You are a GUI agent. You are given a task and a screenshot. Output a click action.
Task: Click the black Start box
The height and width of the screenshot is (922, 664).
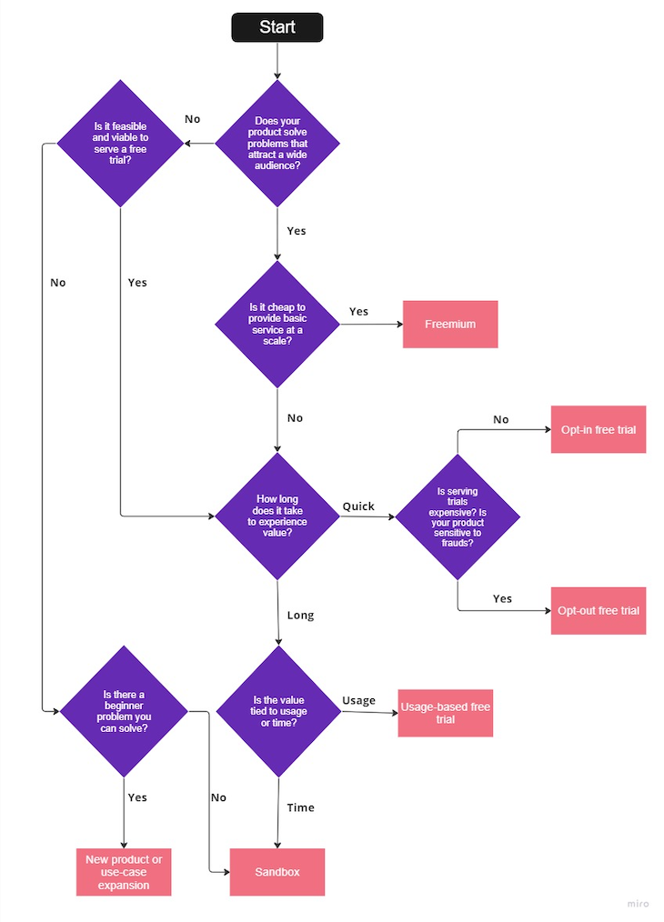pyautogui.click(x=277, y=27)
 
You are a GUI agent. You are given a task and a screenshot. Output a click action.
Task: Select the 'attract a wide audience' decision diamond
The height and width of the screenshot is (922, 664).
pyautogui.click(x=277, y=143)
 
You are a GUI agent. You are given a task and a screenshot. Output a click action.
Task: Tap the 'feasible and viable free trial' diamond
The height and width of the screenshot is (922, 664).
pyautogui.click(x=120, y=143)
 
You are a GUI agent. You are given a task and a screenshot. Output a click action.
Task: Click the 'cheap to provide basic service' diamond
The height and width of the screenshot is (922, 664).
pyautogui.click(x=277, y=325)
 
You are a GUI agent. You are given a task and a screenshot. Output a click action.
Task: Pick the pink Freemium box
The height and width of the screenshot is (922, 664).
pyautogui.click(x=450, y=324)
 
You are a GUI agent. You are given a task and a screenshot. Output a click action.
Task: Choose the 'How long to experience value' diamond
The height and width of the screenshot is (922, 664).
pyautogui.click(x=277, y=516)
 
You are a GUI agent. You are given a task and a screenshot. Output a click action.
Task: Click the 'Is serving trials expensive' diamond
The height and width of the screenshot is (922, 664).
pyautogui.click(x=458, y=516)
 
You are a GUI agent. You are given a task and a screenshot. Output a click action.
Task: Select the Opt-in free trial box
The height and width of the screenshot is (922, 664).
pyautogui.click(x=598, y=429)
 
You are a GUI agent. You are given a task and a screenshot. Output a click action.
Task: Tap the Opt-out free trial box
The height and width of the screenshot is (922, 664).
pyautogui.click(x=598, y=611)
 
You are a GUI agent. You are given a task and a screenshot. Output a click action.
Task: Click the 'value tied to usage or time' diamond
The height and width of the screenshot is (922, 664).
pyautogui.click(x=277, y=711)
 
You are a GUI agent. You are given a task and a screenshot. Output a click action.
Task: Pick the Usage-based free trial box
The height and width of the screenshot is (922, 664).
pyautogui.click(x=446, y=713)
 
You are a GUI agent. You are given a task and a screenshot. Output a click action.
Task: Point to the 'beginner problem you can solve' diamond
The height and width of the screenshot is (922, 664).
pyautogui.click(x=124, y=711)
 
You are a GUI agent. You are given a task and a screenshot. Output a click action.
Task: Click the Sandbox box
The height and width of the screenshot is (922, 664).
pyautogui.click(x=277, y=872)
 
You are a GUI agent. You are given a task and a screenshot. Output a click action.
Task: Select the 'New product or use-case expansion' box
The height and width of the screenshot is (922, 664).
pyautogui.click(x=124, y=872)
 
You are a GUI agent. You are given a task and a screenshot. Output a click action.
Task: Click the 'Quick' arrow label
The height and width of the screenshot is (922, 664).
pyautogui.click(x=358, y=506)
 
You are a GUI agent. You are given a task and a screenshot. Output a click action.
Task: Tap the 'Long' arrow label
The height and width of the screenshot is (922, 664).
pyautogui.click(x=300, y=616)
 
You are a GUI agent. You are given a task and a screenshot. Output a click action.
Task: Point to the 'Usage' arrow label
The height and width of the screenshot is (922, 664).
pyautogui.click(x=358, y=700)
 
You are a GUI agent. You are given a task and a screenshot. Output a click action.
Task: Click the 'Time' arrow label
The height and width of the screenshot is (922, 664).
pyautogui.click(x=300, y=807)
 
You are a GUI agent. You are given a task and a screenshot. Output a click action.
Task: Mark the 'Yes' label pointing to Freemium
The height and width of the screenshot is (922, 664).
pyautogui.click(x=358, y=312)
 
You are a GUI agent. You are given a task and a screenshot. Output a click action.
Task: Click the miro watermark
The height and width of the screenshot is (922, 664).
pyautogui.click(x=639, y=904)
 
